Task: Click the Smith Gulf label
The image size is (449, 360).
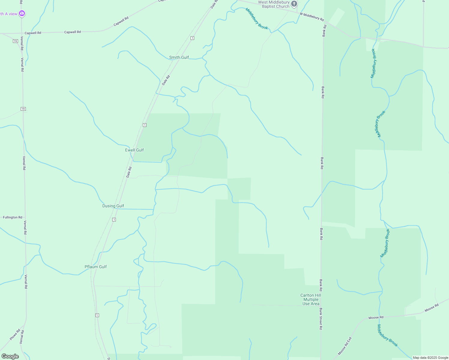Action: (x=179, y=57)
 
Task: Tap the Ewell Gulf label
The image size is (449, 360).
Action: (x=134, y=150)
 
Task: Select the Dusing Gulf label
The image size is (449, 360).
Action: (x=113, y=206)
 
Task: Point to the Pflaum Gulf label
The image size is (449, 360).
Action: (x=96, y=267)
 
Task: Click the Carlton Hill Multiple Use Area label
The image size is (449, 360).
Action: (x=311, y=299)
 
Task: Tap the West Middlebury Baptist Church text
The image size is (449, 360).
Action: (x=274, y=4)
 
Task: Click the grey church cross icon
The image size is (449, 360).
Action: (x=294, y=4)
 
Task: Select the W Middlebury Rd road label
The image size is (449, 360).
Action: (x=312, y=17)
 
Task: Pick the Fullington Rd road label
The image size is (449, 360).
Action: (x=13, y=217)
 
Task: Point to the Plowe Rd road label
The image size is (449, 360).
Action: (x=15, y=334)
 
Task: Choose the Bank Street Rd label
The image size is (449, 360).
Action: (x=321, y=319)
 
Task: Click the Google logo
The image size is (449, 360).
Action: (x=10, y=356)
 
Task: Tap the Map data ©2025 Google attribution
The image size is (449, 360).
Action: (x=430, y=358)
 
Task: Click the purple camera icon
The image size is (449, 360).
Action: (x=22, y=13)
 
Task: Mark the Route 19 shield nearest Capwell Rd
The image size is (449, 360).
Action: (x=15, y=41)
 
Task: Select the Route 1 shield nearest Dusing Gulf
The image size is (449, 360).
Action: (x=114, y=220)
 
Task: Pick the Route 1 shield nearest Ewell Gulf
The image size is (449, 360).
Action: (x=145, y=125)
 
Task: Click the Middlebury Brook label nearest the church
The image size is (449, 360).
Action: (x=257, y=19)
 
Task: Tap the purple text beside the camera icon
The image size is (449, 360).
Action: (x=9, y=14)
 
